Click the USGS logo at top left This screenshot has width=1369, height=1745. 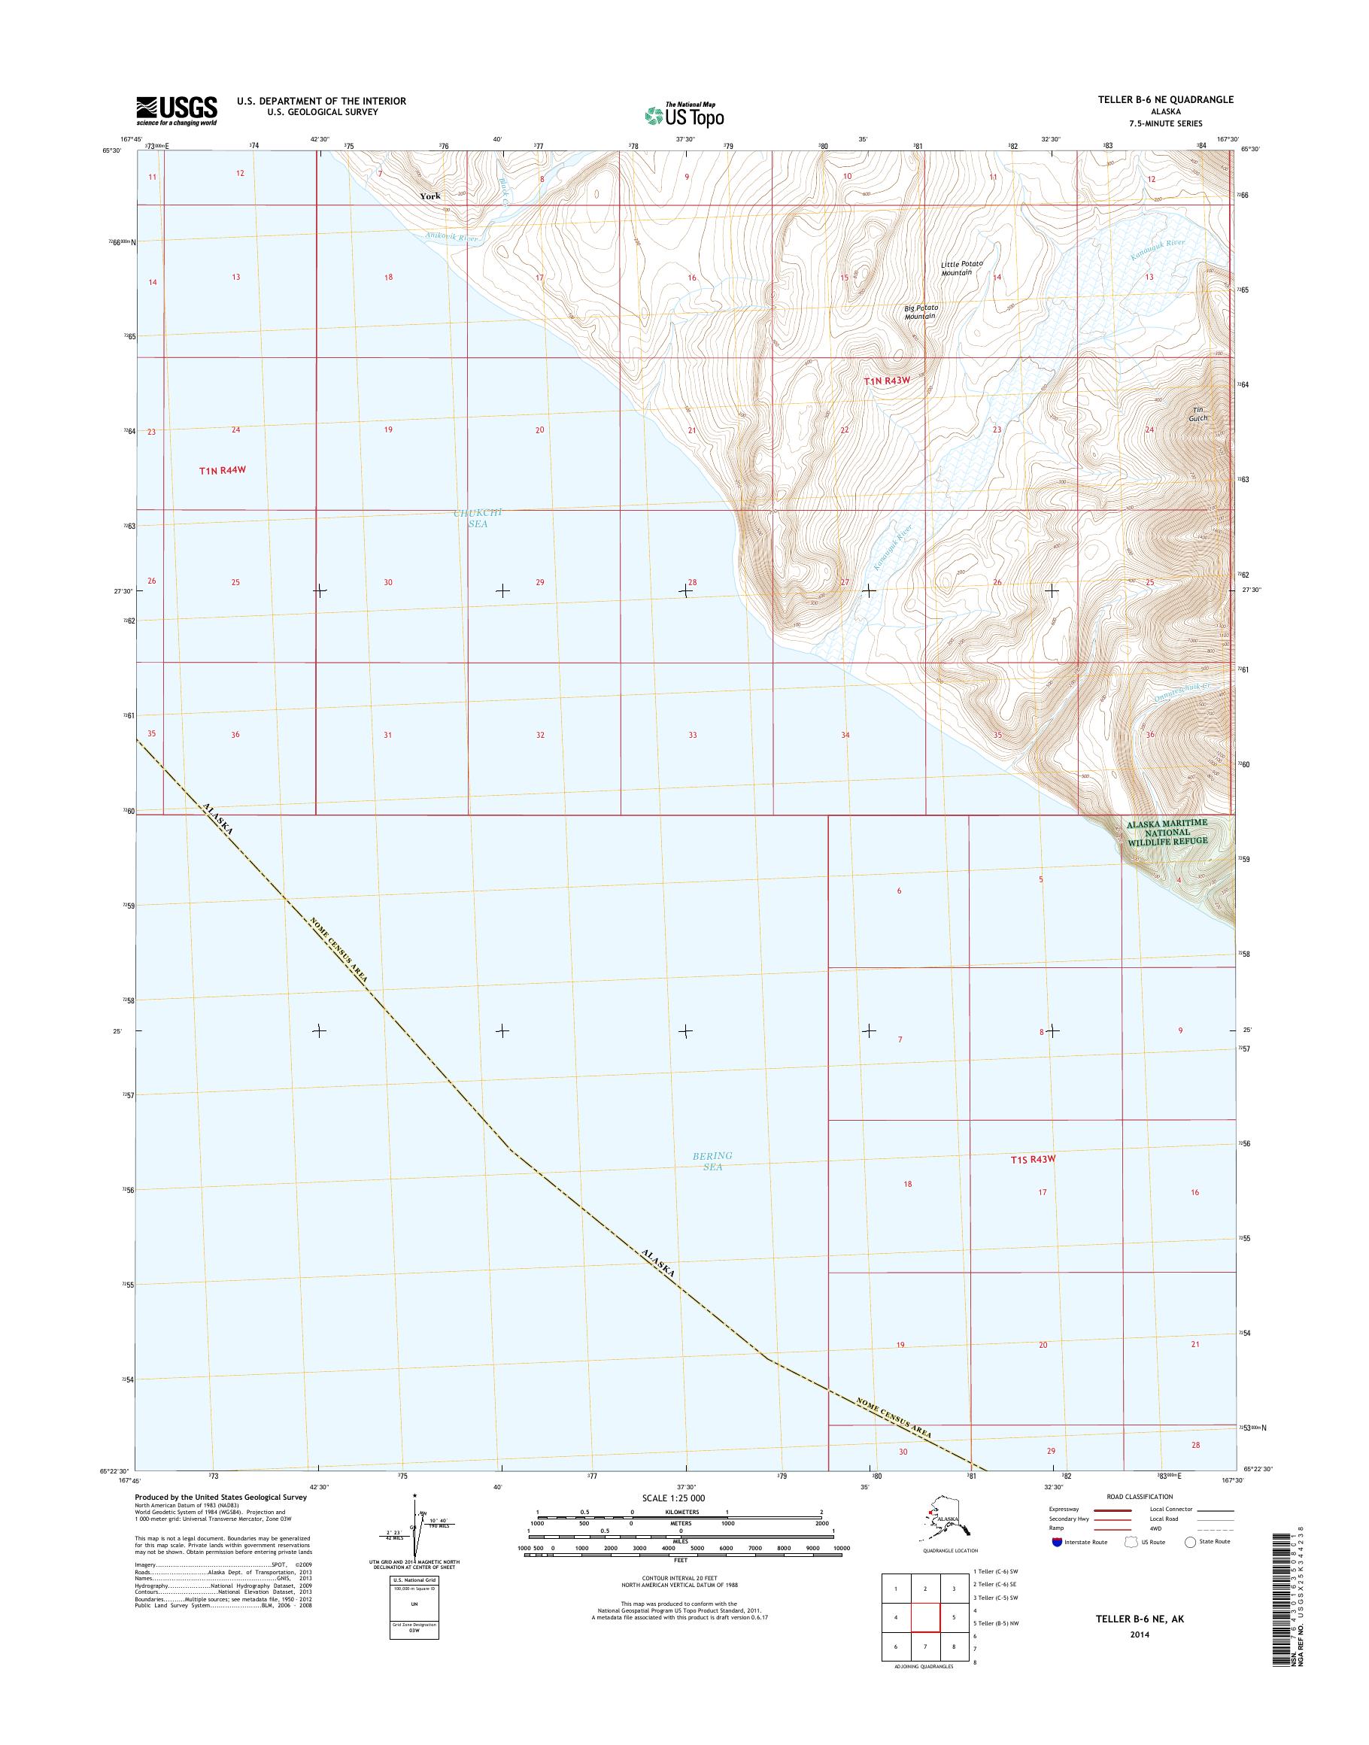tap(176, 111)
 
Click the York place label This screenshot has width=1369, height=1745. tap(430, 196)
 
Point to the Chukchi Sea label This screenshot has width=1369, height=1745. tap(478, 517)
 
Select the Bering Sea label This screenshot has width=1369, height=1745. tap(712, 1161)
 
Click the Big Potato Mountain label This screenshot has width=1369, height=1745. tap(921, 312)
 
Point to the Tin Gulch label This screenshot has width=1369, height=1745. tap(1197, 414)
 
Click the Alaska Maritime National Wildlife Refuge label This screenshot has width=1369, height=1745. tap(1166, 833)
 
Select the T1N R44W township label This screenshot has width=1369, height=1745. tap(222, 471)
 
